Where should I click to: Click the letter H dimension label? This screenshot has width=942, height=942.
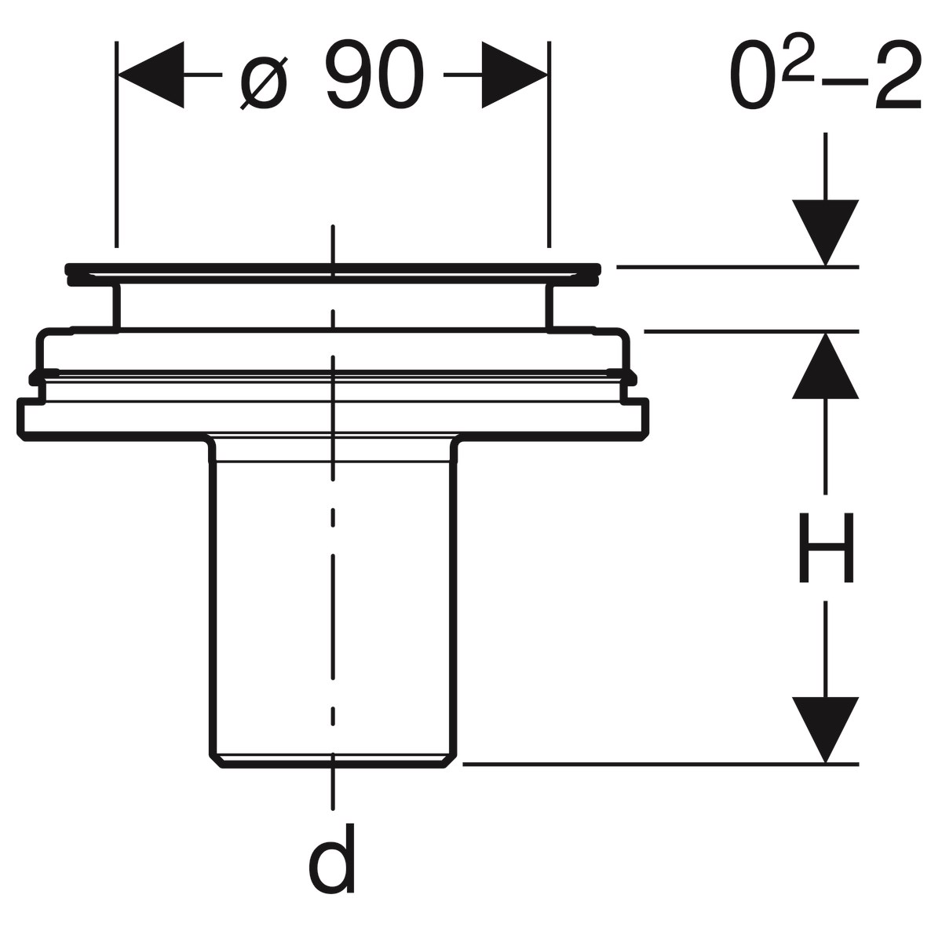[825, 549]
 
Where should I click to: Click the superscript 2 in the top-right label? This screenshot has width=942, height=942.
[798, 66]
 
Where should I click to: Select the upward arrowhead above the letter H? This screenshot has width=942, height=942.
[825, 366]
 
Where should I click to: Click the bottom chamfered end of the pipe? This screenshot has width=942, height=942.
[334, 761]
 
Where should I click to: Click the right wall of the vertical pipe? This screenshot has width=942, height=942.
[455, 597]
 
